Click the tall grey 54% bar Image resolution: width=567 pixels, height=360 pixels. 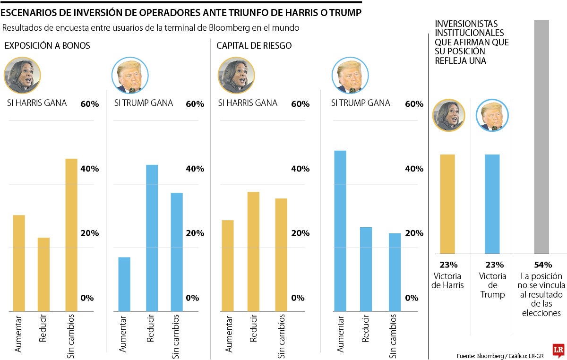[x=541, y=137]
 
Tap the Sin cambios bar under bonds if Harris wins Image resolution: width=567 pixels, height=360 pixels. [x=71, y=235]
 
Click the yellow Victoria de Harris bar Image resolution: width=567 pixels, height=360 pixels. [x=447, y=204]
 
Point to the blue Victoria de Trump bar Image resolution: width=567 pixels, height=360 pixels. [x=492, y=204]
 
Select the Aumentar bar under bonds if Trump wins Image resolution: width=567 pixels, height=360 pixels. [x=124, y=284]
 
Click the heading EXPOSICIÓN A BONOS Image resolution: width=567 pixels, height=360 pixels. [x=47, y=46]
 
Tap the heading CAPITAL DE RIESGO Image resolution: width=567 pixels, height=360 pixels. [x=254, y=46]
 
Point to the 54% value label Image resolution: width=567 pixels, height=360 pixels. [x=541, y=265]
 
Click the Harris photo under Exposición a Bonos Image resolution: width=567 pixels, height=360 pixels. [x=22, y=76]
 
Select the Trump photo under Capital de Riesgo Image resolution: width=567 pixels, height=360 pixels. [x=350, y=76]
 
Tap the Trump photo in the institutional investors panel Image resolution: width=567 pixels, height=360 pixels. [x=492, y=115]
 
